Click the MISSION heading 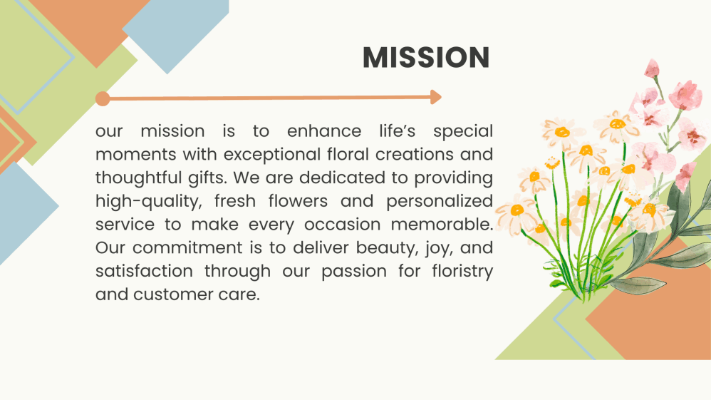click(x=426, y=57)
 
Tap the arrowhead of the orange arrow click(x=436, y=97)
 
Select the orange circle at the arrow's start click(x=103, y=98)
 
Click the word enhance click(x=324, y=131)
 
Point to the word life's click(x=398, y=130)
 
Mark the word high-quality click(x=149, y=202)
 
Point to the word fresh click(x=235, y=201)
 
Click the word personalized click(x=440, y=202)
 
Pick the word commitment click(x=188, y=248)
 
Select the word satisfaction click(x=144, y=271)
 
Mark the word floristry click(x=462, y=272)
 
